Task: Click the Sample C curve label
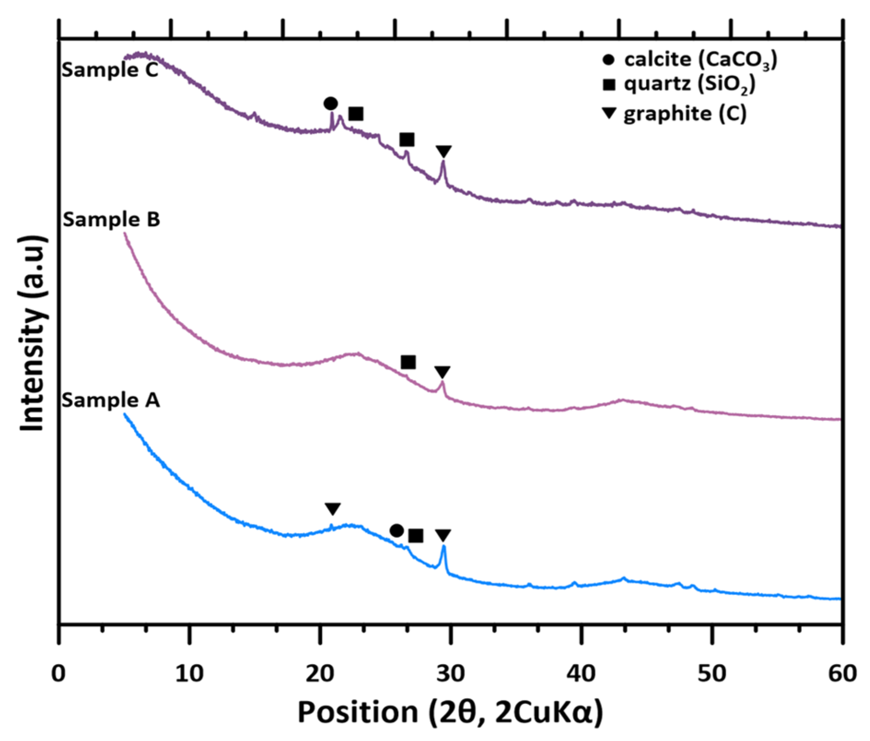tap(110, 70)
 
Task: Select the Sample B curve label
tap(111, 219)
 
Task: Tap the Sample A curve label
tap(111, 400)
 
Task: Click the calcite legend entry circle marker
tap(609, 60)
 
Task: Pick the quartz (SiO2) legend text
tap(690, 84)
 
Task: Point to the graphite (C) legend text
tap(685, 114)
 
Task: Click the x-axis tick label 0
tap(58, 674)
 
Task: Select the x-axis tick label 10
tap(189, 674)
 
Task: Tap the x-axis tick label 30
tap(450, 674)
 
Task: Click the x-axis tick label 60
tap(842, 674)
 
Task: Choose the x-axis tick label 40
tap(581, 674)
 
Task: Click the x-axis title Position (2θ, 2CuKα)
tap(450, 712)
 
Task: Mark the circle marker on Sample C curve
tap(331, 104)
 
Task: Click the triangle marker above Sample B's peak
tap(442, 371)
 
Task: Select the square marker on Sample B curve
tap(408, 362)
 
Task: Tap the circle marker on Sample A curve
tap(397, 531)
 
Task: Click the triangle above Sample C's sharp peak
tap(444, 151)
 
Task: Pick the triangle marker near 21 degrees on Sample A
tap(332, 509)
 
